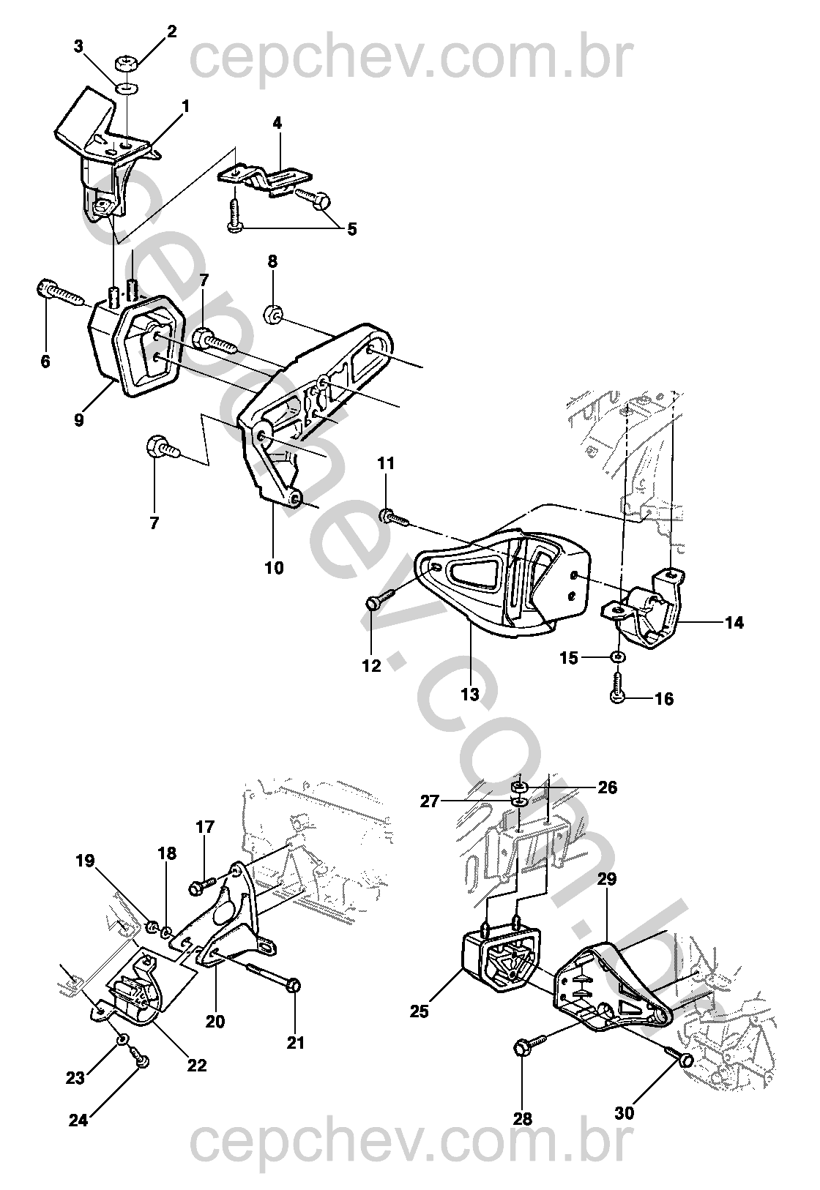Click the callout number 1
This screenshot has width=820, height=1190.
(185, 107)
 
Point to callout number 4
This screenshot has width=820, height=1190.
(277, 123)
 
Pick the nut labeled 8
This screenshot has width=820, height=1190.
(272, 315)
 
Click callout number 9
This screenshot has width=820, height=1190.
(78, 420)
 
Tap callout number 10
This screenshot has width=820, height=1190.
(275, 568)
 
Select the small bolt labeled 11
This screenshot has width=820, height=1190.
(393, 515)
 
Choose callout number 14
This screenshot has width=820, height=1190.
(734, 622)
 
